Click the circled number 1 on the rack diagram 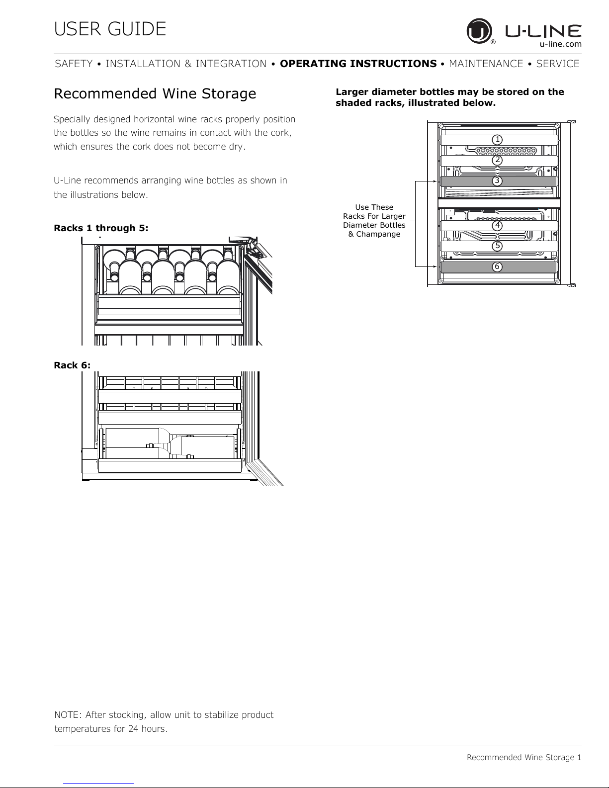click(497, 140)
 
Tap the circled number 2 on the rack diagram click(497, 160)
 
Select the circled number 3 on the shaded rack click(497, 181)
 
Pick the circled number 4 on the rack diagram click(497, 225)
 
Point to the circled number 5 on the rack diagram click(497, 246)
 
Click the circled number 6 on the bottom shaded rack click(497, 267)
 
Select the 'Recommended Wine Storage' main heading click(155, 93)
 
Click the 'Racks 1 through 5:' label click(101, 228)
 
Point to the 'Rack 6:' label click(72, 365)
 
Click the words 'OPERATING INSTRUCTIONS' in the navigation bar click(358, 64)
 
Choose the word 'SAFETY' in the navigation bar click(74, 64)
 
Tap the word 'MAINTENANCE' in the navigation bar click(486, 64)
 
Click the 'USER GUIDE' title click(110, 29)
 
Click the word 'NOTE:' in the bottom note click(68, 715)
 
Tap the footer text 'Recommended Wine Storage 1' click(523, 757)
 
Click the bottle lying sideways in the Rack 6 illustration click(169, 443)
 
